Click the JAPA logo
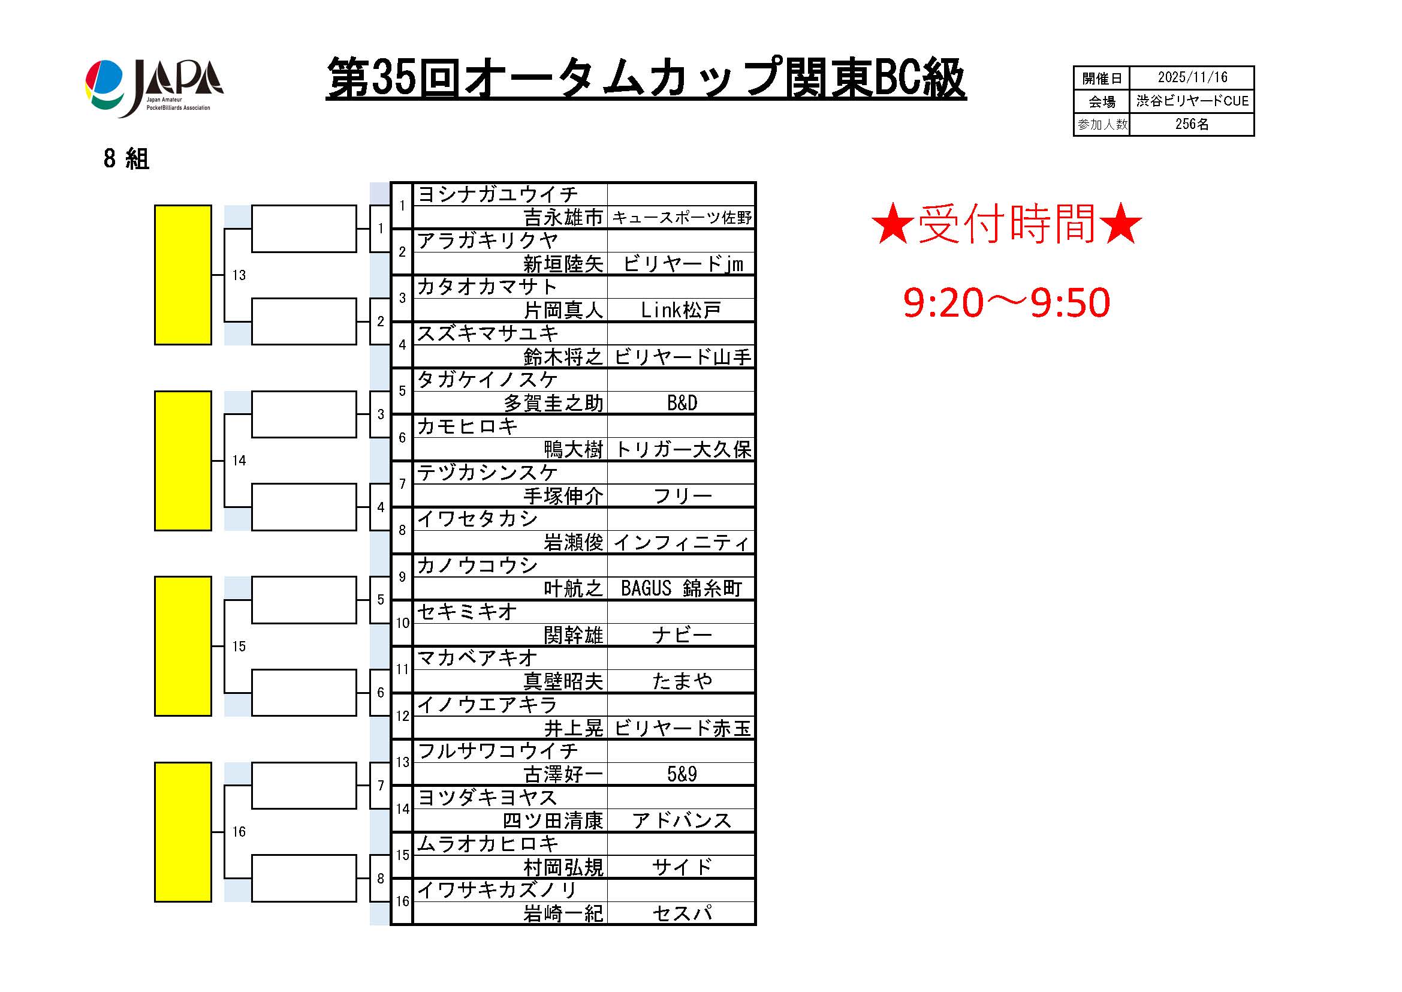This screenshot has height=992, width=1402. [155, 88]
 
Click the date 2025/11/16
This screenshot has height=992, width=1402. [1192, 77]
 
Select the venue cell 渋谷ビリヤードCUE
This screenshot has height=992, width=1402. [1192, 101]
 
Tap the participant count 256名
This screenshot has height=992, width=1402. [1192, 124]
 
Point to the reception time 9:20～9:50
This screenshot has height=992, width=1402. [1006, 302]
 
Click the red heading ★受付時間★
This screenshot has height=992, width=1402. [1006, 224]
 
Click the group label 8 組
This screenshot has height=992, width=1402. [126, 159]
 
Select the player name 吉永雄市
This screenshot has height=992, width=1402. [563, 218]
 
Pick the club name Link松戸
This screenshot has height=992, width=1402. [681, 310]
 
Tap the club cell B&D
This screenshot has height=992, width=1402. [682, 403]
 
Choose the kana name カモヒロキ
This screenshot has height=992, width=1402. [467, 426]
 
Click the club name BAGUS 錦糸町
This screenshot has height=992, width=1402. [682, 588]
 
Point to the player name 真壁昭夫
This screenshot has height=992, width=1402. [563, 681]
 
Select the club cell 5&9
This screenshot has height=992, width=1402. [682, 774]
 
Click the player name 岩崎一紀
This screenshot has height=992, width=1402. [563, 914]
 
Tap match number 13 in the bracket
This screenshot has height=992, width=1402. [239, 275]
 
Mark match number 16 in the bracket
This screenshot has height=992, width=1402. [239, 832]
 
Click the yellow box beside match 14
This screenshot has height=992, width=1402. [183, 461]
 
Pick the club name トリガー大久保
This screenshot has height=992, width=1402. [683, 450]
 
